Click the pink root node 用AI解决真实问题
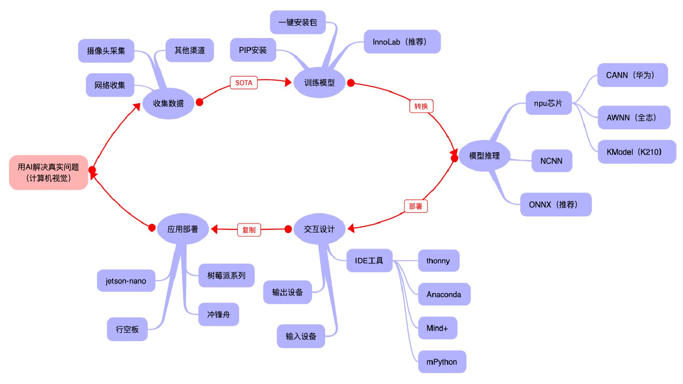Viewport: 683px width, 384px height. (49, 172)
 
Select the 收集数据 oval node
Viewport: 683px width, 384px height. (168, 103)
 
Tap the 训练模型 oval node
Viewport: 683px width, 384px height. (319, 83)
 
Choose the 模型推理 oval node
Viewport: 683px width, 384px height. (484, 156)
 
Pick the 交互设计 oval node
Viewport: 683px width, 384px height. (319, 229)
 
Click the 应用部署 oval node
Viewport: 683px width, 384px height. (183, 229)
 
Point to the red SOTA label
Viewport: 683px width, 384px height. (244, 83)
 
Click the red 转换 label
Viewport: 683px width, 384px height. (421, 106)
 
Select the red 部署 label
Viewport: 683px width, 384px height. (416, 206)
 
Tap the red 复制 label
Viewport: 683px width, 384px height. (249, 230)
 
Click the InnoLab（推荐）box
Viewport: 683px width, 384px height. (402, 42)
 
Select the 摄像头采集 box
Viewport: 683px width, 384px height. (106, 51)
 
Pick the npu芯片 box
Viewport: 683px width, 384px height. (549, 103)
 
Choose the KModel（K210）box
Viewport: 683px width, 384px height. (637, 152)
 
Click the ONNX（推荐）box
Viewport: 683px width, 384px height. (556, 204)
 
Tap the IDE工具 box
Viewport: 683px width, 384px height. (369, 261)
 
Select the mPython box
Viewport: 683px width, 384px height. (442, 362)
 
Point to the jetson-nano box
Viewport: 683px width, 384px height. (126, 281)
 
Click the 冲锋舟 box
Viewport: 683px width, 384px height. (219, 314)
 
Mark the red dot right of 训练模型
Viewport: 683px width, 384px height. (351, 83)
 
